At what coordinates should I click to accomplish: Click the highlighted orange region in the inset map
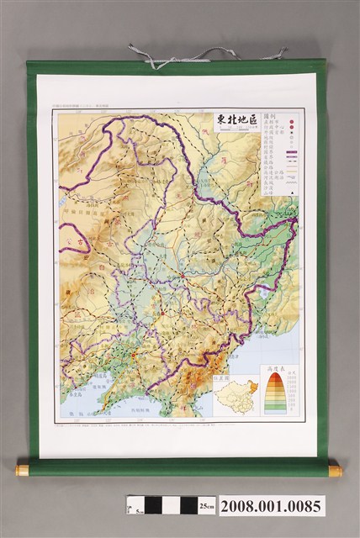[246, 389]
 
